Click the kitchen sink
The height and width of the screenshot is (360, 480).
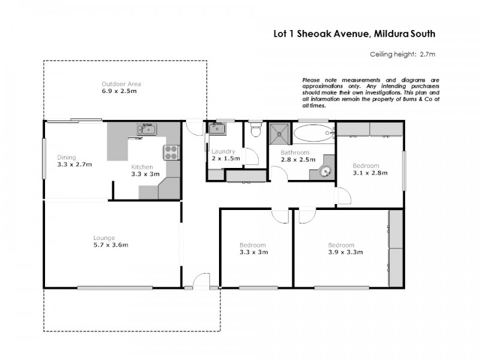coord(146,129)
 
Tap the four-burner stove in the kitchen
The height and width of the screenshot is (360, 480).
coord(171,153)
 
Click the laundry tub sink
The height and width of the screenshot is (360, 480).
coord(217,128)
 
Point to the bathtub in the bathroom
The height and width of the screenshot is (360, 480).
coord(314,133)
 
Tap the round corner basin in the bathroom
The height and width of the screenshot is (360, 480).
coord(326,171)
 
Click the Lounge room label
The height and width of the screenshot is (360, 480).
coord(104,238)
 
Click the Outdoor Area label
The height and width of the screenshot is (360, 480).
coord(121,84)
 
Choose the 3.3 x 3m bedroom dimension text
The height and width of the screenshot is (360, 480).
coord(253,253)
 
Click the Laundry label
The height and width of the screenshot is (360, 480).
coord(224,152)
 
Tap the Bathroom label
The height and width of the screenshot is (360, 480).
coord(295,153)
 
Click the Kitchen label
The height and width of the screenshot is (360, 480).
coord(142,167)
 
